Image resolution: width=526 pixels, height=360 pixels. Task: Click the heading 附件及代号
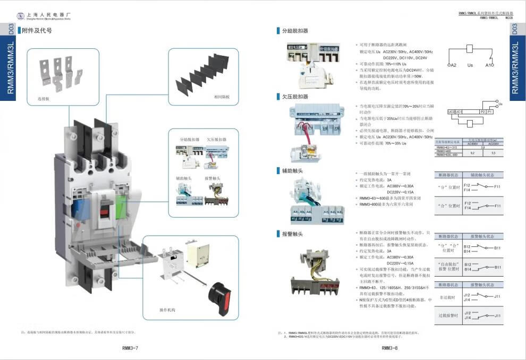coord(37,30)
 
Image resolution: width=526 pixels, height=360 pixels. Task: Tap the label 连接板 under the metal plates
coord(43,99)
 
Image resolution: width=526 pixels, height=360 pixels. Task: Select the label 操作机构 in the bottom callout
coord(167,310)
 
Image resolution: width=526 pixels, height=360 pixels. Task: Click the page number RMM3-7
coord(131,348)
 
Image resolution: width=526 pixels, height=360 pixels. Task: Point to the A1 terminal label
coord(489,65)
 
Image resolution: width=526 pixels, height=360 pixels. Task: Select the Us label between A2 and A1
coord(470,65)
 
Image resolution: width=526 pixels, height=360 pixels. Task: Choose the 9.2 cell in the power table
coord(472,152)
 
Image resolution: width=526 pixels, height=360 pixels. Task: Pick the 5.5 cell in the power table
coord(493,152)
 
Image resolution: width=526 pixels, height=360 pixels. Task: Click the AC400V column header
coord(472,143)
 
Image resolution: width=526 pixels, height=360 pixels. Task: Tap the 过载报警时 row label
coord(448,315)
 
